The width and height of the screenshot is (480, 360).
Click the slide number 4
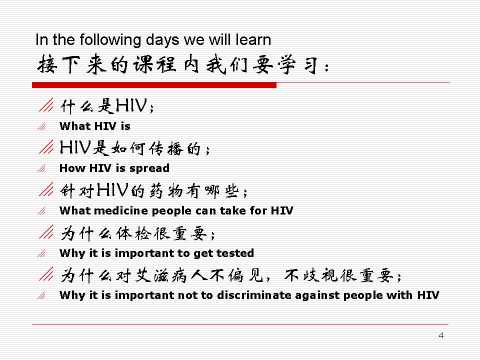click(x=441, y=335)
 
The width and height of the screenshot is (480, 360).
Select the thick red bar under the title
click(x=154, y=85)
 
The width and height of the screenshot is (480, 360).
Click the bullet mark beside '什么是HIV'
click(x=46, y=104)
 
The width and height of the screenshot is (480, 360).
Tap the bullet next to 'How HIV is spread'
click(x=41, y=168)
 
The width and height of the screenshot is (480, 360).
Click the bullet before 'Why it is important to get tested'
click(x=41, y=253)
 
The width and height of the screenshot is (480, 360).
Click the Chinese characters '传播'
click(x=166, y=149)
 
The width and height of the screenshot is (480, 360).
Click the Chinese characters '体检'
click(x=134, y=234)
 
